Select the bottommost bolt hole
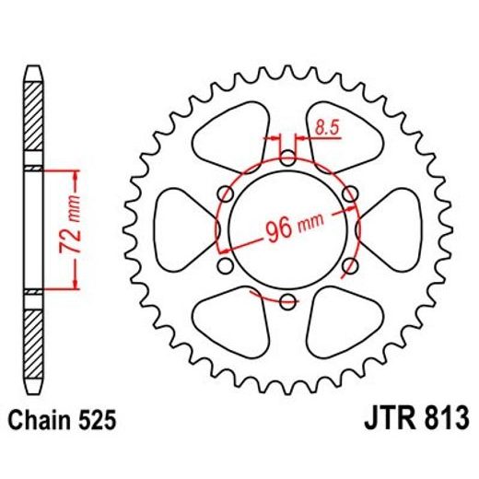pos(286,300)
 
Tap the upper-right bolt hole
pos(348,193)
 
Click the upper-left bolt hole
pos(226,193)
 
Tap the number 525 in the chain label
pos(97,423)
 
